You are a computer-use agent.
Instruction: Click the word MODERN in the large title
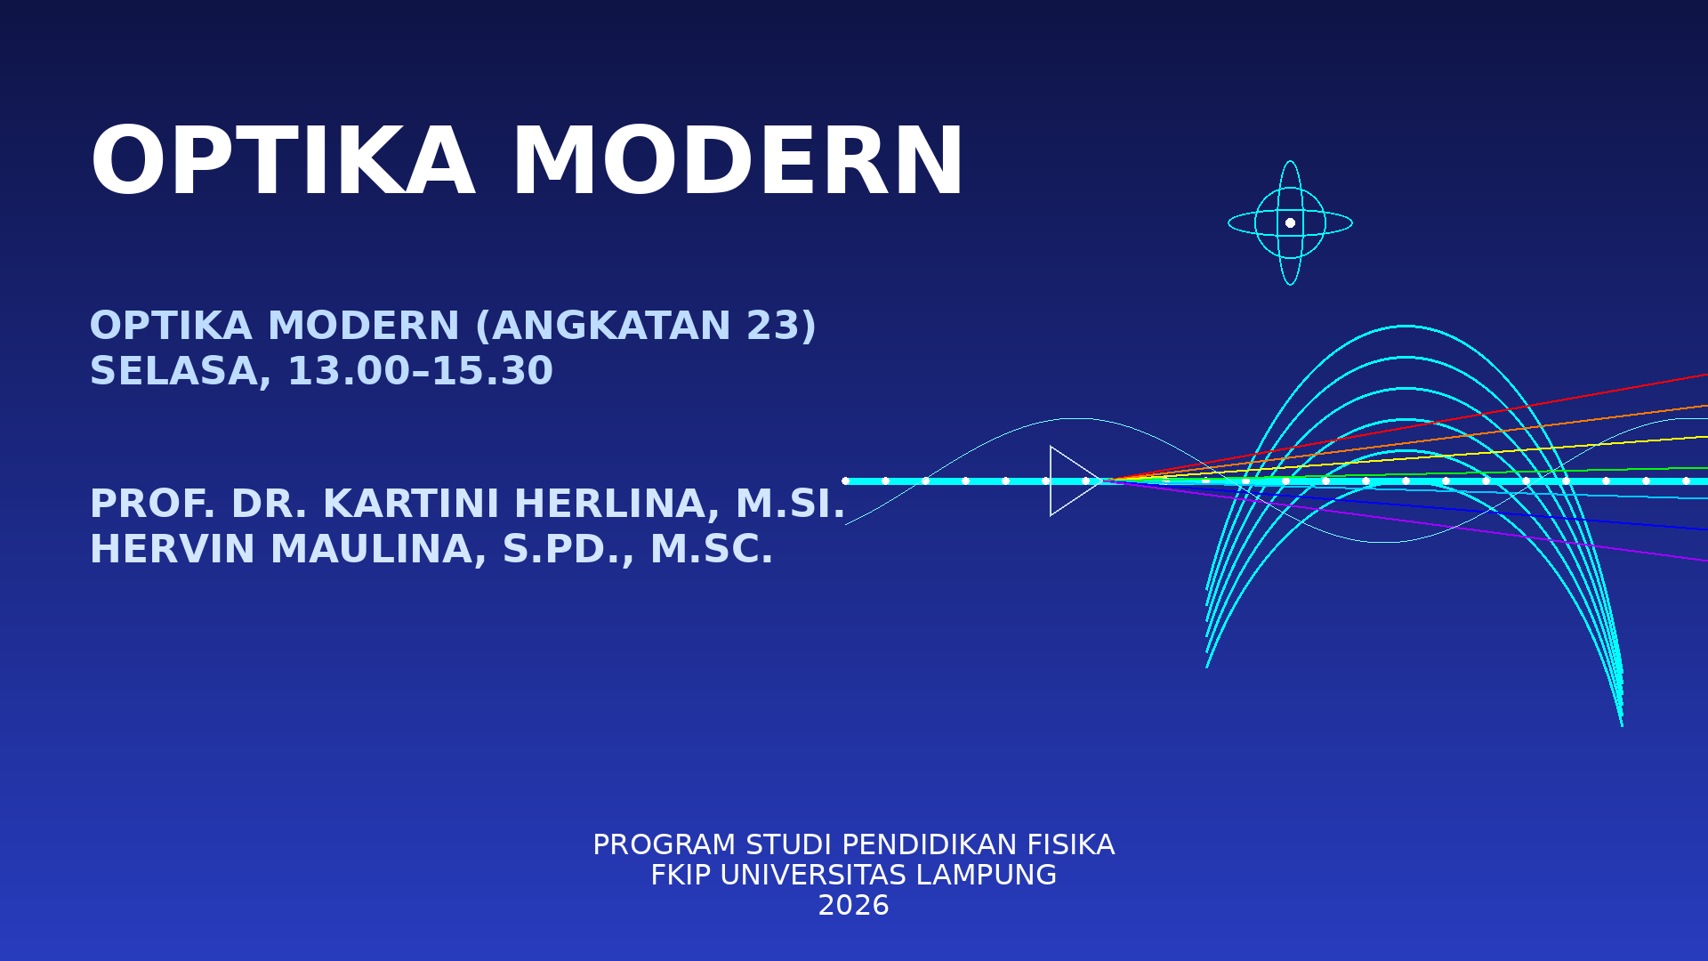point(737,164)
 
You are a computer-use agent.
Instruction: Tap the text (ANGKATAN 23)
point(646,326)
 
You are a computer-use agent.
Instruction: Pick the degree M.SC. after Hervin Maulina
point(712,549)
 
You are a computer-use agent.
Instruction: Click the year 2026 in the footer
point(853,906)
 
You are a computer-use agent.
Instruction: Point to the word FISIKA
point(1071,845)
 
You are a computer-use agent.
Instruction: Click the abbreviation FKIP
point(681,876)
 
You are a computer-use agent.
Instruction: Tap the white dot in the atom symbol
point(1290,222)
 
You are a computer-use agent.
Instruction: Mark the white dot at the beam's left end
point(845,480)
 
